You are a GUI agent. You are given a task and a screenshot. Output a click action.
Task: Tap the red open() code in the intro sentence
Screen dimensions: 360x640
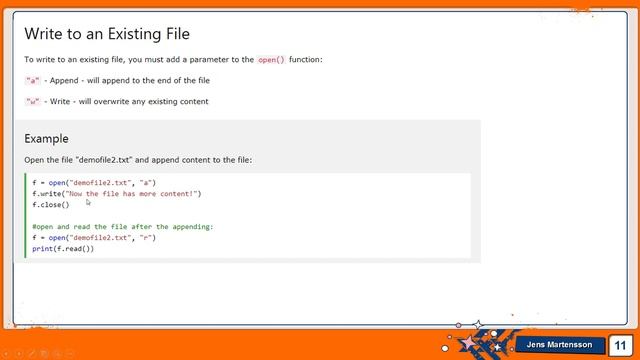coord(271,60)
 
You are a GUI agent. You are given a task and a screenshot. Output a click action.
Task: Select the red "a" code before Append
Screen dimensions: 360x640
coord(33,80)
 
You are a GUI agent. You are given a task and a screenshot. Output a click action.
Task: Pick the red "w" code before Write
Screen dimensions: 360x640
coord(33,101)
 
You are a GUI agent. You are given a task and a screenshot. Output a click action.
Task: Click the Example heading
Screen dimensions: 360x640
coord(46,138)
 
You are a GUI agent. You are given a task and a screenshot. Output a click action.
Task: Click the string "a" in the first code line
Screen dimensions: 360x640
coord(148,183)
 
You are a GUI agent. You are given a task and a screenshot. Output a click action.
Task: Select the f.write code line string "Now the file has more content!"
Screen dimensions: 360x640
coord(131,194)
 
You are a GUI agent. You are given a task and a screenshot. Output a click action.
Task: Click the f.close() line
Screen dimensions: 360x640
coord(44,205)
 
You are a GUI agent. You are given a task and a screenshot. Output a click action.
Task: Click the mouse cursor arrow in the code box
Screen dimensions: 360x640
coord(88,202)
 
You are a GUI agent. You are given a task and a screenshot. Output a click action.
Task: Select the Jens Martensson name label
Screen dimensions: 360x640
coord(559,345)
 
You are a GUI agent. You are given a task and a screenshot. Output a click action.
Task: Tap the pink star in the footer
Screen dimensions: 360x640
coord(468,344)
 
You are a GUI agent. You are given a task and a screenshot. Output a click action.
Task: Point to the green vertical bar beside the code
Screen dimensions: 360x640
coord(24,216)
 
